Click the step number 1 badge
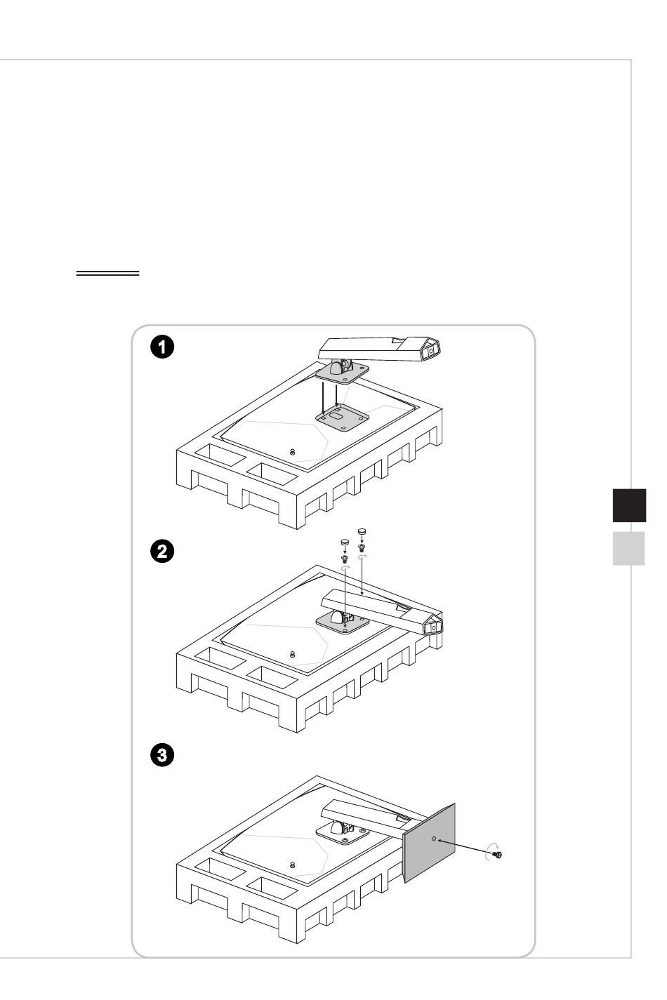coord(163,346)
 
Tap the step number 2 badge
coord(163,551)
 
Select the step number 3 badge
coord(163,756)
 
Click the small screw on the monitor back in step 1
coord(292,451)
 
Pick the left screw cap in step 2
coord(345,542)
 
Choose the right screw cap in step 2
coord(362,532)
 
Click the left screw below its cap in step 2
coord(345,558)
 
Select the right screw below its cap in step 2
coord(362,547)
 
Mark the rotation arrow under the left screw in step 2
coord(345,568)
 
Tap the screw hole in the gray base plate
coord(433,838)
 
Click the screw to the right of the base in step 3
coord(498,854)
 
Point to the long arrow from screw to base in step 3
coord(464,846)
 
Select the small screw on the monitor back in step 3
coord(292,864)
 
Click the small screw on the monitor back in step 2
coord(292,654)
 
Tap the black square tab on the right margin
coord(628,506)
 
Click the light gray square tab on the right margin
coord(628,548)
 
